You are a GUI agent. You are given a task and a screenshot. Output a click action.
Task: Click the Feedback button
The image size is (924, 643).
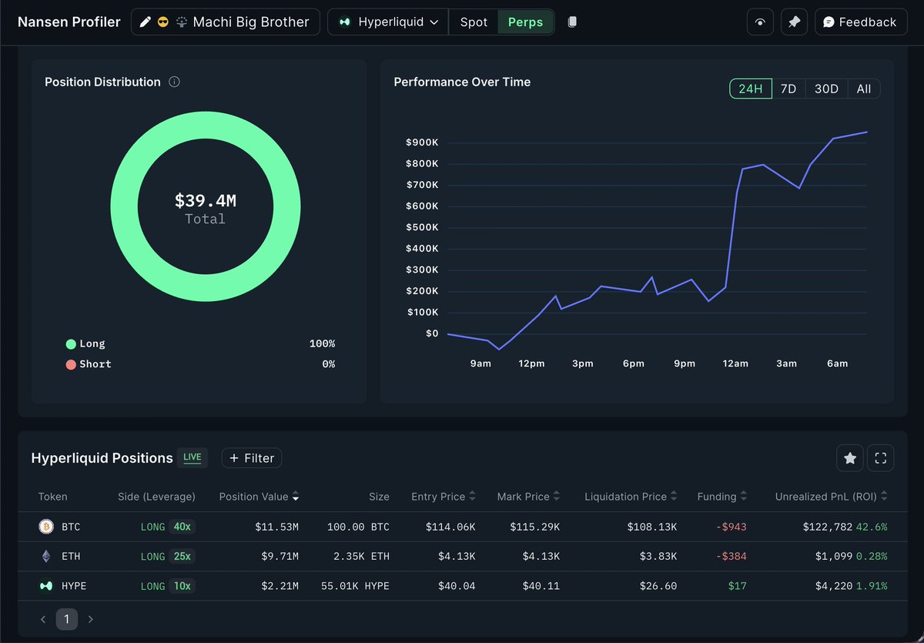859,22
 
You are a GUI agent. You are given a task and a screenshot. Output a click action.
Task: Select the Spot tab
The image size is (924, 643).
474,22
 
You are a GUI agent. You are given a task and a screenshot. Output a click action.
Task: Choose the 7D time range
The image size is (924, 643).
788,89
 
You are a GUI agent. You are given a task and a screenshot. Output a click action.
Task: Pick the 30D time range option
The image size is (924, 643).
826,89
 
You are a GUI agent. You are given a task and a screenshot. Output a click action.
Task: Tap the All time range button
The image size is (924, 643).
864,89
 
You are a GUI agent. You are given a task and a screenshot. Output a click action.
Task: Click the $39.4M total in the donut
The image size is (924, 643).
206,201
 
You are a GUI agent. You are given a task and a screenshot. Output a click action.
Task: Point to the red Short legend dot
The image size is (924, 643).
71,364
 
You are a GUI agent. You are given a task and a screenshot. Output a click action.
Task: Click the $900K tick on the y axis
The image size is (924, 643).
422,142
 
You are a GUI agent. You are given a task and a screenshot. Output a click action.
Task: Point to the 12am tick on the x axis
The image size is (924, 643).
735,363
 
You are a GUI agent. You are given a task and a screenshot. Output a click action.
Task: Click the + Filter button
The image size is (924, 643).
252,458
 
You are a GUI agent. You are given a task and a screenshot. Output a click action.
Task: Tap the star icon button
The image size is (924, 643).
850,458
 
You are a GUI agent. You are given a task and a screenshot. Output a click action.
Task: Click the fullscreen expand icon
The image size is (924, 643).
880,458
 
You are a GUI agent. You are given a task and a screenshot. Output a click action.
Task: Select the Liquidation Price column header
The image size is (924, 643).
626,497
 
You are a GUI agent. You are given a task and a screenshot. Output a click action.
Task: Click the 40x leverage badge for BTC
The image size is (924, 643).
182,527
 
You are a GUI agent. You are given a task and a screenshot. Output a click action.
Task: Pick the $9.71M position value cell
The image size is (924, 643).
277,557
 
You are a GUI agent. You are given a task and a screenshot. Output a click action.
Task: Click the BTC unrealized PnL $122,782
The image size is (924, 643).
825,527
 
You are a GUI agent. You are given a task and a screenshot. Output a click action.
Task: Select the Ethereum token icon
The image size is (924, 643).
46,557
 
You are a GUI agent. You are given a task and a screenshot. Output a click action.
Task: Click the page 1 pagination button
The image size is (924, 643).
67,619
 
